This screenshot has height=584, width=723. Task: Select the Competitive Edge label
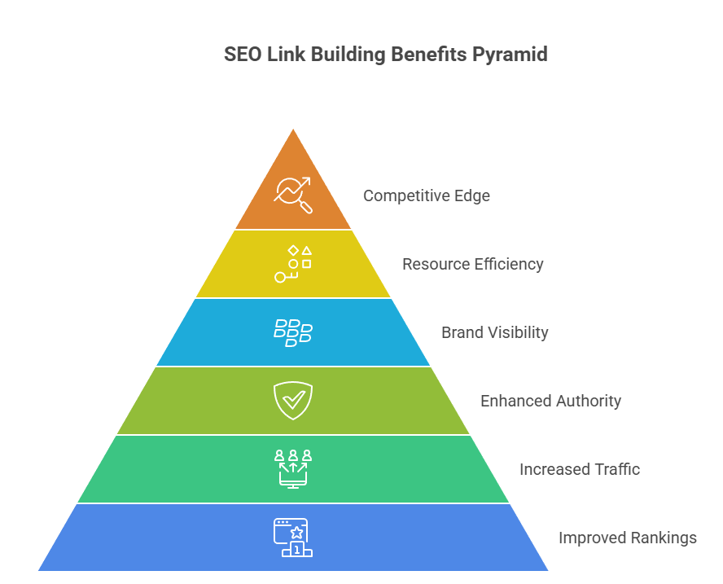tap(426, 196)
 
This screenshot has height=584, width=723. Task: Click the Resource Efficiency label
tap(472, 265)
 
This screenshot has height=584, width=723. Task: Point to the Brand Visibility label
tap(494, 333)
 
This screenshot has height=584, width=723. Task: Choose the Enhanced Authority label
tap(550, 402)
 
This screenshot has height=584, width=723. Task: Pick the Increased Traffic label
tap(579, 470)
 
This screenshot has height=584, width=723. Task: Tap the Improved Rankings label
tap(627, 538)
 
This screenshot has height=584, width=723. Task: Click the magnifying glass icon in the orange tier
tap(293, 195)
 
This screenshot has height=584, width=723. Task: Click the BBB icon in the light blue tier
tap(293, 333)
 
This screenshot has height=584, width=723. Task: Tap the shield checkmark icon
tap(293, 401)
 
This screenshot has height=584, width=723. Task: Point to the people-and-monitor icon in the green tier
tap(293, 468)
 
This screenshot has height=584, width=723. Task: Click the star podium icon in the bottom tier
tap(293, 538)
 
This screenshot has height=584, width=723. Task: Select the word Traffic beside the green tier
tap(615, 470)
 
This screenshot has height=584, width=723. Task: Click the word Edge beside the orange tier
tap(473, 196)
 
